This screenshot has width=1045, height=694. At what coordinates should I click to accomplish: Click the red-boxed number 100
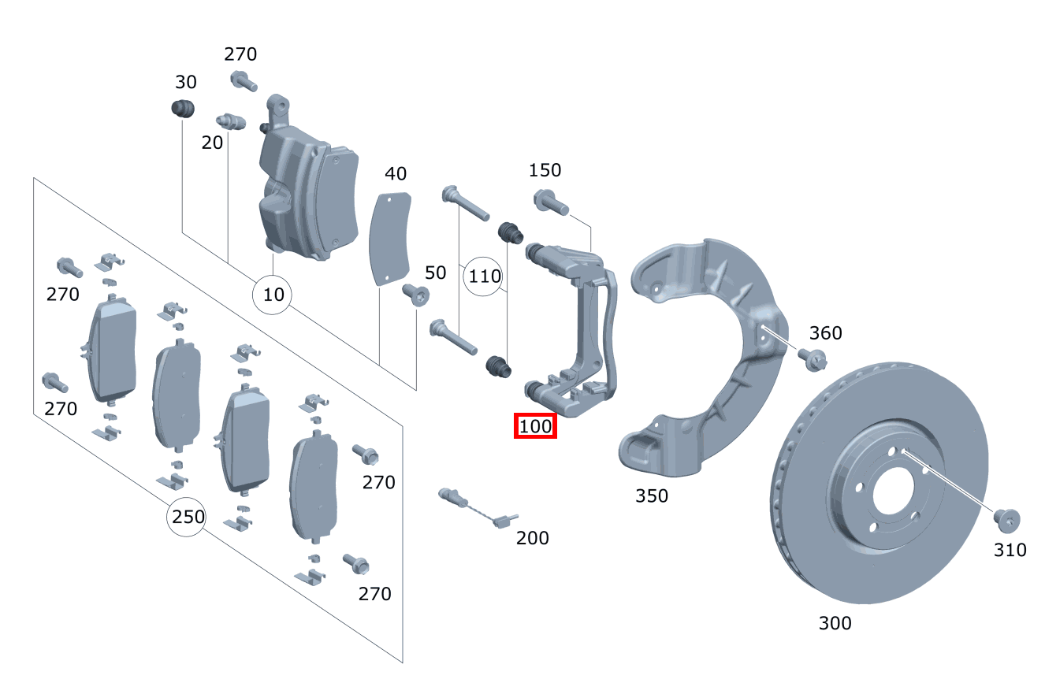535,426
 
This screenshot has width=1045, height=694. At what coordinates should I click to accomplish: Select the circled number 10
273,295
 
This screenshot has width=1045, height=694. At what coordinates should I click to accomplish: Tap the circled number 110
485,276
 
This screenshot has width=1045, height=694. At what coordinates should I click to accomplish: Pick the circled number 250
188,517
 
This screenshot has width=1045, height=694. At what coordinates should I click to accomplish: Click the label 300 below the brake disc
835,623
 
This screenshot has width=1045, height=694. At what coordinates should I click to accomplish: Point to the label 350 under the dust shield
651,495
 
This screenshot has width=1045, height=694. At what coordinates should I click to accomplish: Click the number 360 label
825,332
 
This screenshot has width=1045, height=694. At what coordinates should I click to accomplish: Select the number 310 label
1010,550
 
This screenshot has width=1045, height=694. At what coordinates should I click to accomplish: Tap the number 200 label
533,538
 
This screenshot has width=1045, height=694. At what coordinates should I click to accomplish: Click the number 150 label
545,170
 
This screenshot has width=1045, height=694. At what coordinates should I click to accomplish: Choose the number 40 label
395,173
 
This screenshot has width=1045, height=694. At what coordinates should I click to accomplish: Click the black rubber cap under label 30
184,109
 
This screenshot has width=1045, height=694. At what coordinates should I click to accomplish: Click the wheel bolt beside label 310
1006,519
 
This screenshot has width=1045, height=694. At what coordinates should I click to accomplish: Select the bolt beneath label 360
812,358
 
